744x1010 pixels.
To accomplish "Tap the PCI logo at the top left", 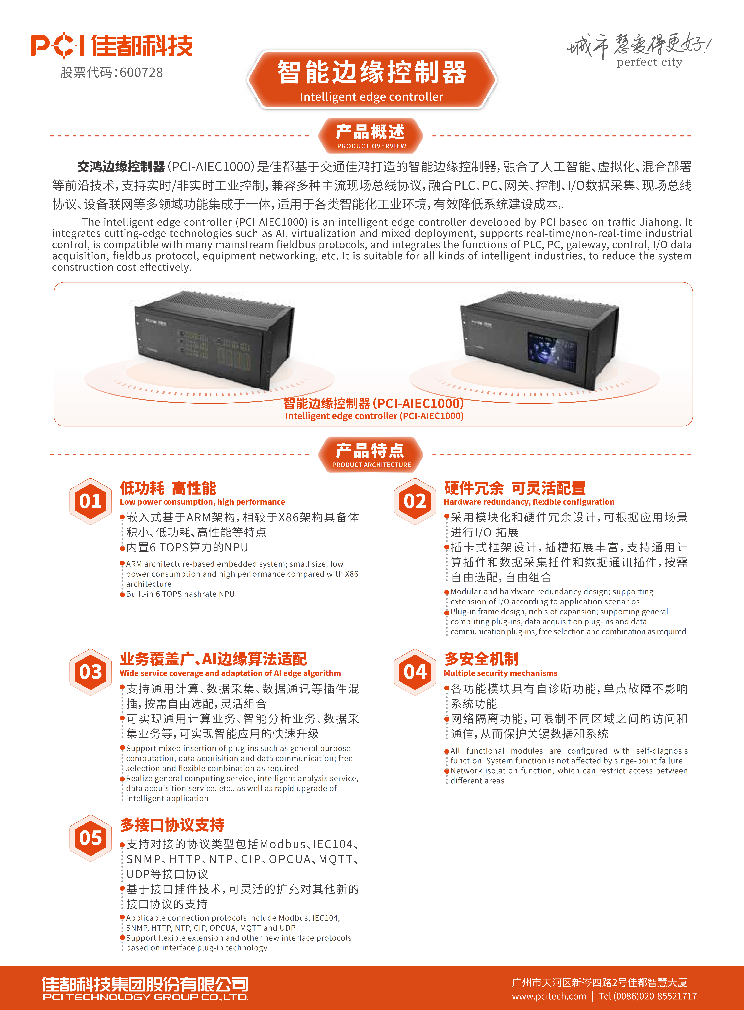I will pyautogui.click(x=58, y=45).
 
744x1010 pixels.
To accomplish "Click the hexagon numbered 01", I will pyautogui.click(x=90, y=501).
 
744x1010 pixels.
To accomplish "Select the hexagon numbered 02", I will pyautogui.click(x=415, y=501).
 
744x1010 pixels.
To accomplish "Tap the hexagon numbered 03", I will pyautogui.click(x=90, y=672).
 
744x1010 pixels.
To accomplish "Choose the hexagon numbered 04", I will pyautogui.click(x=415, y=672).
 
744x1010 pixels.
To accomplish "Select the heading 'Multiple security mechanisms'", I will pyautogui.click(x=500, y=673).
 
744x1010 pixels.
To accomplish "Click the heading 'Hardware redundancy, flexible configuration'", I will pyautogui.click(x=529, y=502).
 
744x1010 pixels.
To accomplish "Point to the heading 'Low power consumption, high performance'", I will pyautogui.click(x=202, y=502).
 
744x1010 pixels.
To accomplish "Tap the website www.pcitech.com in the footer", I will pyautogui.click(x=549, y=996).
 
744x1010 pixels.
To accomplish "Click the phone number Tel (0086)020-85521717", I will pyautogui.click(x=648, y=996).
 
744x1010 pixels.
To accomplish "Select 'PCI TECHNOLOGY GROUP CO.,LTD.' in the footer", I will pyautogui.click(x=145, y=997).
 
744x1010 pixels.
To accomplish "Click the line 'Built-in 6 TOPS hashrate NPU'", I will pyautogui.click(x=180, y=594).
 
